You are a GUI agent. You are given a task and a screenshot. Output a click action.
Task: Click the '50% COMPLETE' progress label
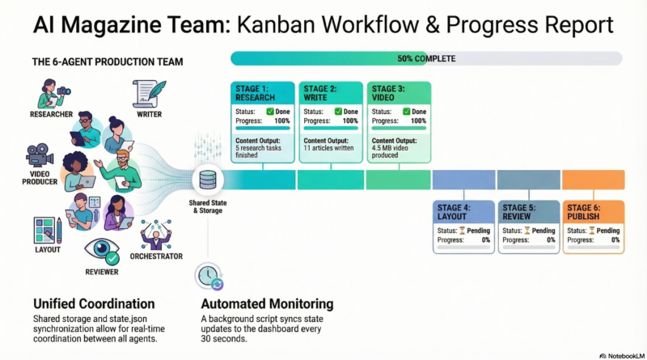[x=426, y=58]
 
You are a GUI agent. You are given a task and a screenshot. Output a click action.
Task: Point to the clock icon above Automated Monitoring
[x=209, y=276]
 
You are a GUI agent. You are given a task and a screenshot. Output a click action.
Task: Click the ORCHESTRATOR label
[x=156, y=256]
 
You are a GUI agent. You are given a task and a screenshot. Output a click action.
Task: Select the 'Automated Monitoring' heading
[x=267, y=304]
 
